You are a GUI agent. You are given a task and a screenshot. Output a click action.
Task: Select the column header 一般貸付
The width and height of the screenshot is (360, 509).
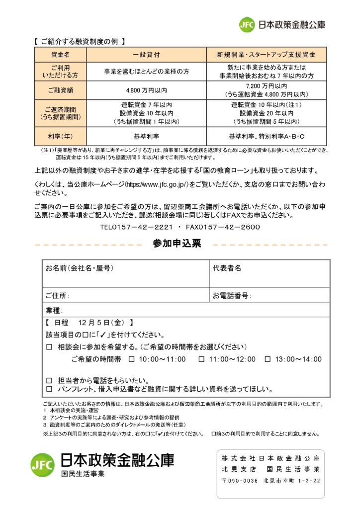(146, 54)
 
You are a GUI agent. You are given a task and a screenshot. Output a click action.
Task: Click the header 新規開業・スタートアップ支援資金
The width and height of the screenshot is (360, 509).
(267, 54)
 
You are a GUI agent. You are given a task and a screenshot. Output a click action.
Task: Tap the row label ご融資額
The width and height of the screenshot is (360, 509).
(60, 90)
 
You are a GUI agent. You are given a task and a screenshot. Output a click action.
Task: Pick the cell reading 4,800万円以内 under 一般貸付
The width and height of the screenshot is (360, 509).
(146, 90)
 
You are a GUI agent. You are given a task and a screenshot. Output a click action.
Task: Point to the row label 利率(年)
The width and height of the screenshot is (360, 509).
(60, 136)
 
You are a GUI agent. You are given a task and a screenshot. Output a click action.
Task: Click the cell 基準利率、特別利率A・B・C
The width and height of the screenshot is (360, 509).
(267, 136)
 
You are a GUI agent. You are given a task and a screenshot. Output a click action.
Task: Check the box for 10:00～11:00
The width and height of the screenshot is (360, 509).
(132, 359)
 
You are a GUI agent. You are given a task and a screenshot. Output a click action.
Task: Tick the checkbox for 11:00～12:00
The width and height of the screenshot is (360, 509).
(201, 359)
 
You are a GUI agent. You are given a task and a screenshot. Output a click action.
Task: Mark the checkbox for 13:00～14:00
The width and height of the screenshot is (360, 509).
(268, 359)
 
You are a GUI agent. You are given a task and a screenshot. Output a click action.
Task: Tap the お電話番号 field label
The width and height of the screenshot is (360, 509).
(231, 296)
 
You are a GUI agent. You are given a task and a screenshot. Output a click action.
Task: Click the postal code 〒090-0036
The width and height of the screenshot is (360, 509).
(240, 481)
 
